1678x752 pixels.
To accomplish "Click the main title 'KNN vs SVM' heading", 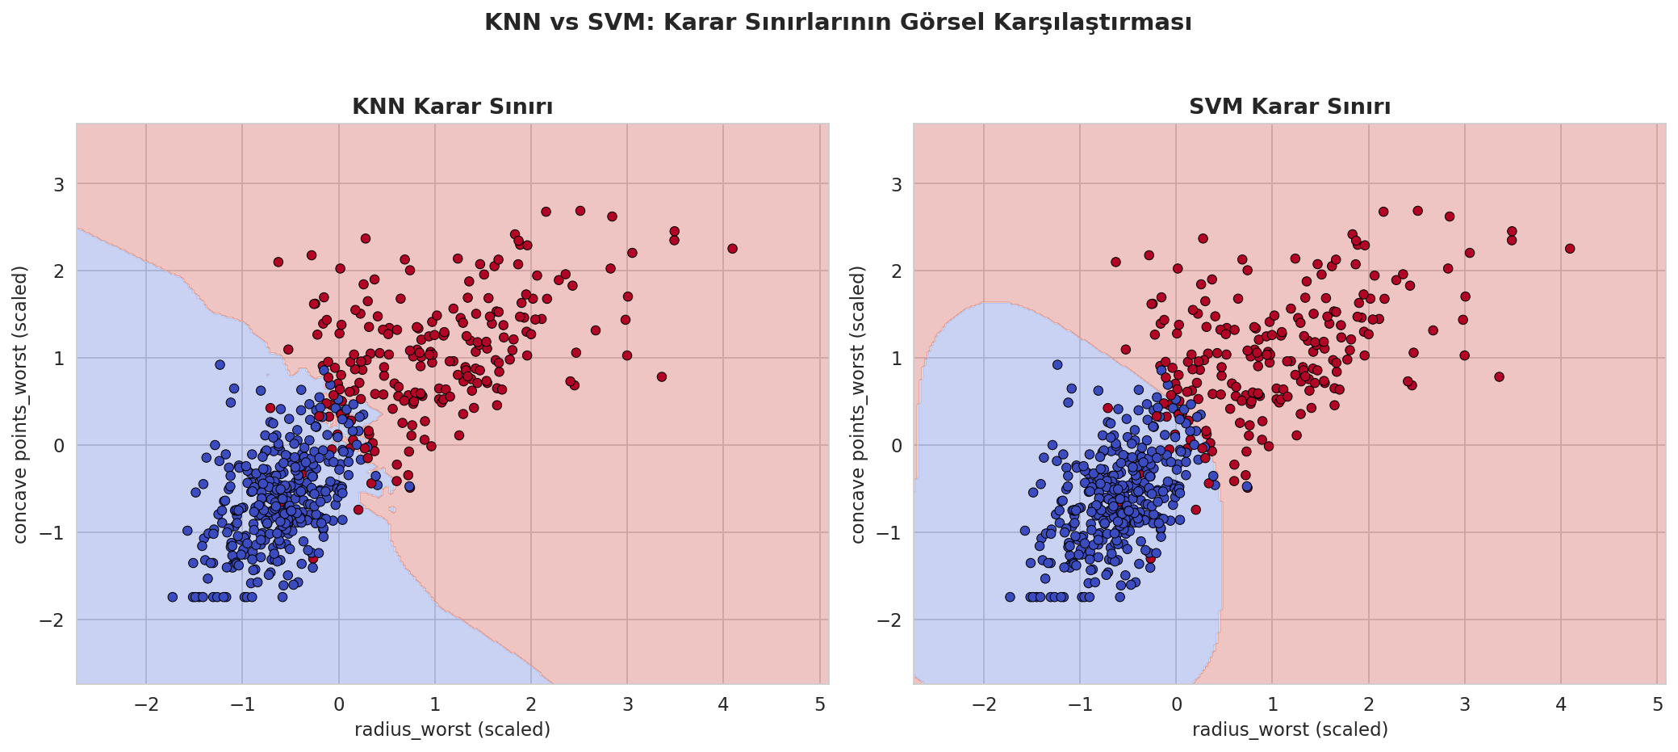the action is click(x=838, y=23).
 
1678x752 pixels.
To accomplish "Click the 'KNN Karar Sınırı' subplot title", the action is click(x=452, y=107).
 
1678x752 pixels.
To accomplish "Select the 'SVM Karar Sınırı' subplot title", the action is click(x=1290, y=107).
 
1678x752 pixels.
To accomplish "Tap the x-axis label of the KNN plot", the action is click(x=453, y=729).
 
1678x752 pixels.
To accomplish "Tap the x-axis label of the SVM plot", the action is click(x=1290, y=729).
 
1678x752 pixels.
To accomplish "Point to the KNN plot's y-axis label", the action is click(x=21, y=404).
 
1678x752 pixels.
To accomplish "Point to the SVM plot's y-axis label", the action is click(x=858, y=404).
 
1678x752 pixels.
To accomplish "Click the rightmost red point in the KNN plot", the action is click(x=732, y=248).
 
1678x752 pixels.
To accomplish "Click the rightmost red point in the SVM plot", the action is click(x=1570, y=248).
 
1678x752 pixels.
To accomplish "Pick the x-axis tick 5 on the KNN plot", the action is click(x=820, y=703).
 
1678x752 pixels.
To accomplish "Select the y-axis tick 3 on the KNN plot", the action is click(x=60, y=184).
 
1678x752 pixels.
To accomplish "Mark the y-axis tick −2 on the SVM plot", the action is click(x=891, y=620).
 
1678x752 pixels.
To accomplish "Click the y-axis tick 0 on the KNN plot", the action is click(x=60, y=445).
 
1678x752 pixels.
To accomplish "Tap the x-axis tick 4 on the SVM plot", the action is click(x=1561, y=703).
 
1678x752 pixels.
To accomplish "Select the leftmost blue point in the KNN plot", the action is click(x=172, y=597).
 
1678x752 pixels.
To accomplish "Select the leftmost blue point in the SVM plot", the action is click(x=1010, y=597).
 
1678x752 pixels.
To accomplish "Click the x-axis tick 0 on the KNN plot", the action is click(x=338, y=703).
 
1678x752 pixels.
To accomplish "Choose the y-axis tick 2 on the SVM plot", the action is click(x=897, y=271).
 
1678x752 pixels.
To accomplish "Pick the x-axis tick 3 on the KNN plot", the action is click(x=627, y=703).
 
